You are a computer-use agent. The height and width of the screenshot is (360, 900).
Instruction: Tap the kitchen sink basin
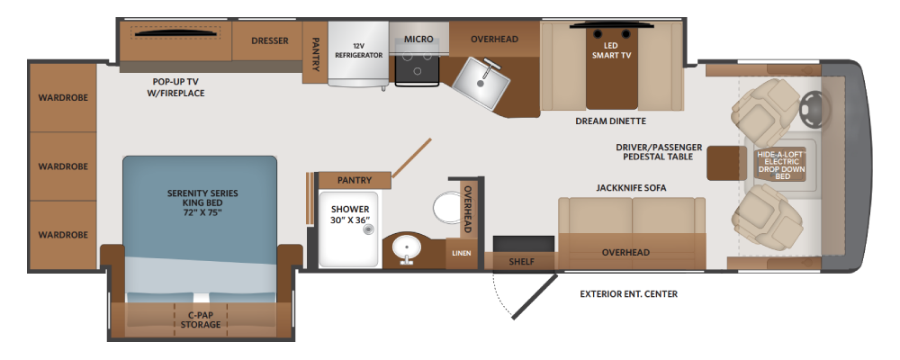(x=481, y=84)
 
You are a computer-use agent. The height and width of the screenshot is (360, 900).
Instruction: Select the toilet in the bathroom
(x=446, y=207)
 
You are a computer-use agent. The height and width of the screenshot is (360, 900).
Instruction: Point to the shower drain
(x=367, y=229)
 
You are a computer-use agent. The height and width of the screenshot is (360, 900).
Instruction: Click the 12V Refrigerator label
(x=359, y=50)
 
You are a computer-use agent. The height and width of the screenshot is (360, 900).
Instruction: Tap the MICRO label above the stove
(x=418, y=39)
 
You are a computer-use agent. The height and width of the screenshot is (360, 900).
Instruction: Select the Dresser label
(x=270, y=40)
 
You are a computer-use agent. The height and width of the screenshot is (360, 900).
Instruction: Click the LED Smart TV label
(x=612, y=50)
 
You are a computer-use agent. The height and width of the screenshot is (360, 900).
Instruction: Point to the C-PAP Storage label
(x=200, y=319)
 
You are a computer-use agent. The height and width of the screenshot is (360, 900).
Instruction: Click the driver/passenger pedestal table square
(x=724, y=164)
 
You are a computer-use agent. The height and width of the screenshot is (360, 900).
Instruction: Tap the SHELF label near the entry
(x=522, y=262)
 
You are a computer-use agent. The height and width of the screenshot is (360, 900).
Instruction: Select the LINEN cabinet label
(x=462, y=253)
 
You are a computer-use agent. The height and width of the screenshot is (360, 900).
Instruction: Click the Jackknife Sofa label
(x=631, y=188)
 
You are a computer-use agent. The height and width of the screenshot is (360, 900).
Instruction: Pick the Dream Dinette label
(x=611, y=121)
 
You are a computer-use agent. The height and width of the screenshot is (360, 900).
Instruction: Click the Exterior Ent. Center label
(x=628, y=294)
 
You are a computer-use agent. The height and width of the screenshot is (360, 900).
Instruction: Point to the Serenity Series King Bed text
(x=202, y=202)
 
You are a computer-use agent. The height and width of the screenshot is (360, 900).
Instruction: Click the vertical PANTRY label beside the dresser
(x=315, y=55)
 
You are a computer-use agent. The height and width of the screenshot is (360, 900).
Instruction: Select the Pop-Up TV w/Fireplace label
(x=175, y=87)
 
